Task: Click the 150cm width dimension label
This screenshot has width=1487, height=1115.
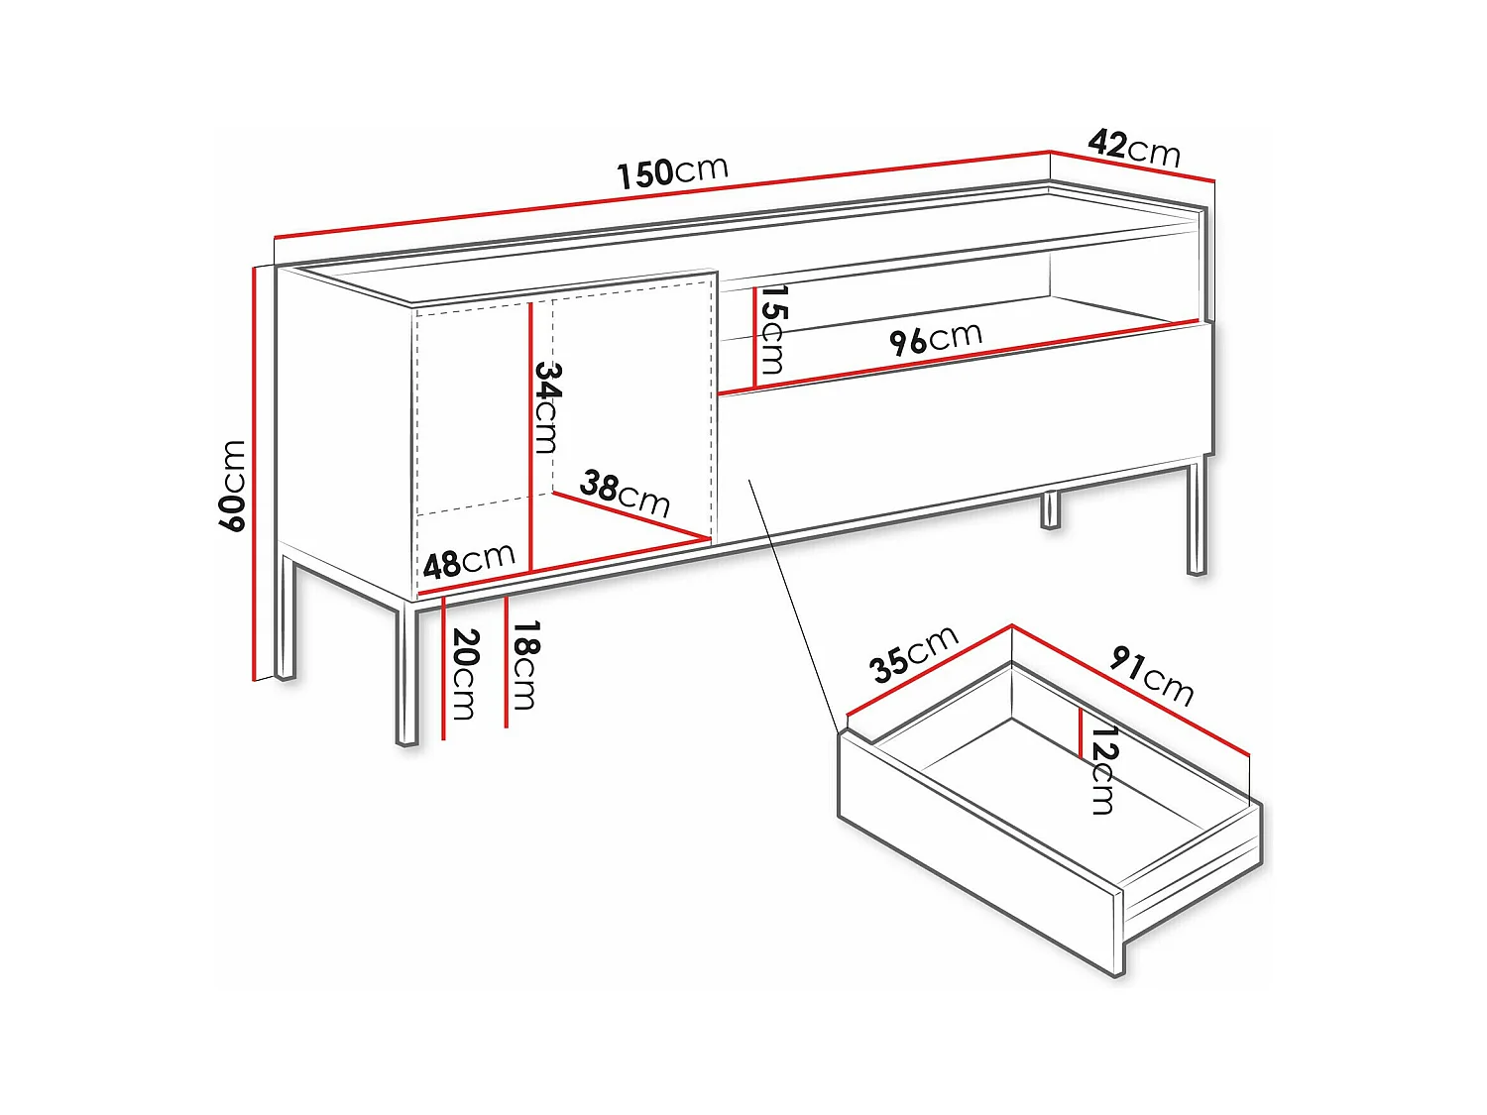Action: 672,171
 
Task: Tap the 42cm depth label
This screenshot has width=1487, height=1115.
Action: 1134,148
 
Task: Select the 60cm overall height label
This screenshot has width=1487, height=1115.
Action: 232,486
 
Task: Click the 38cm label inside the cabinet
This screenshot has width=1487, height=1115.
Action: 625,493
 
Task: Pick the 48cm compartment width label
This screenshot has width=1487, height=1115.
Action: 469,561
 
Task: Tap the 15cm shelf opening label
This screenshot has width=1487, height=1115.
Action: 772,330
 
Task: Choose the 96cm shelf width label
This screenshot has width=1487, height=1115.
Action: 935,338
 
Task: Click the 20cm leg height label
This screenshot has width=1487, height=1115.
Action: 464,674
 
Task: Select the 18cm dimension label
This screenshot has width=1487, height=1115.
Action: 525,665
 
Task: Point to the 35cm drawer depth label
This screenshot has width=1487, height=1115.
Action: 913,653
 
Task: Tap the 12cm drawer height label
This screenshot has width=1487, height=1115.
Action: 1103,769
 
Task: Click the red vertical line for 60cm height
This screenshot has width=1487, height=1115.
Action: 255,476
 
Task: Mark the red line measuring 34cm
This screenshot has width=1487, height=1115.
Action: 531,436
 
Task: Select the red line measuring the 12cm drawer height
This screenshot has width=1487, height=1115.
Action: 1081,733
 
